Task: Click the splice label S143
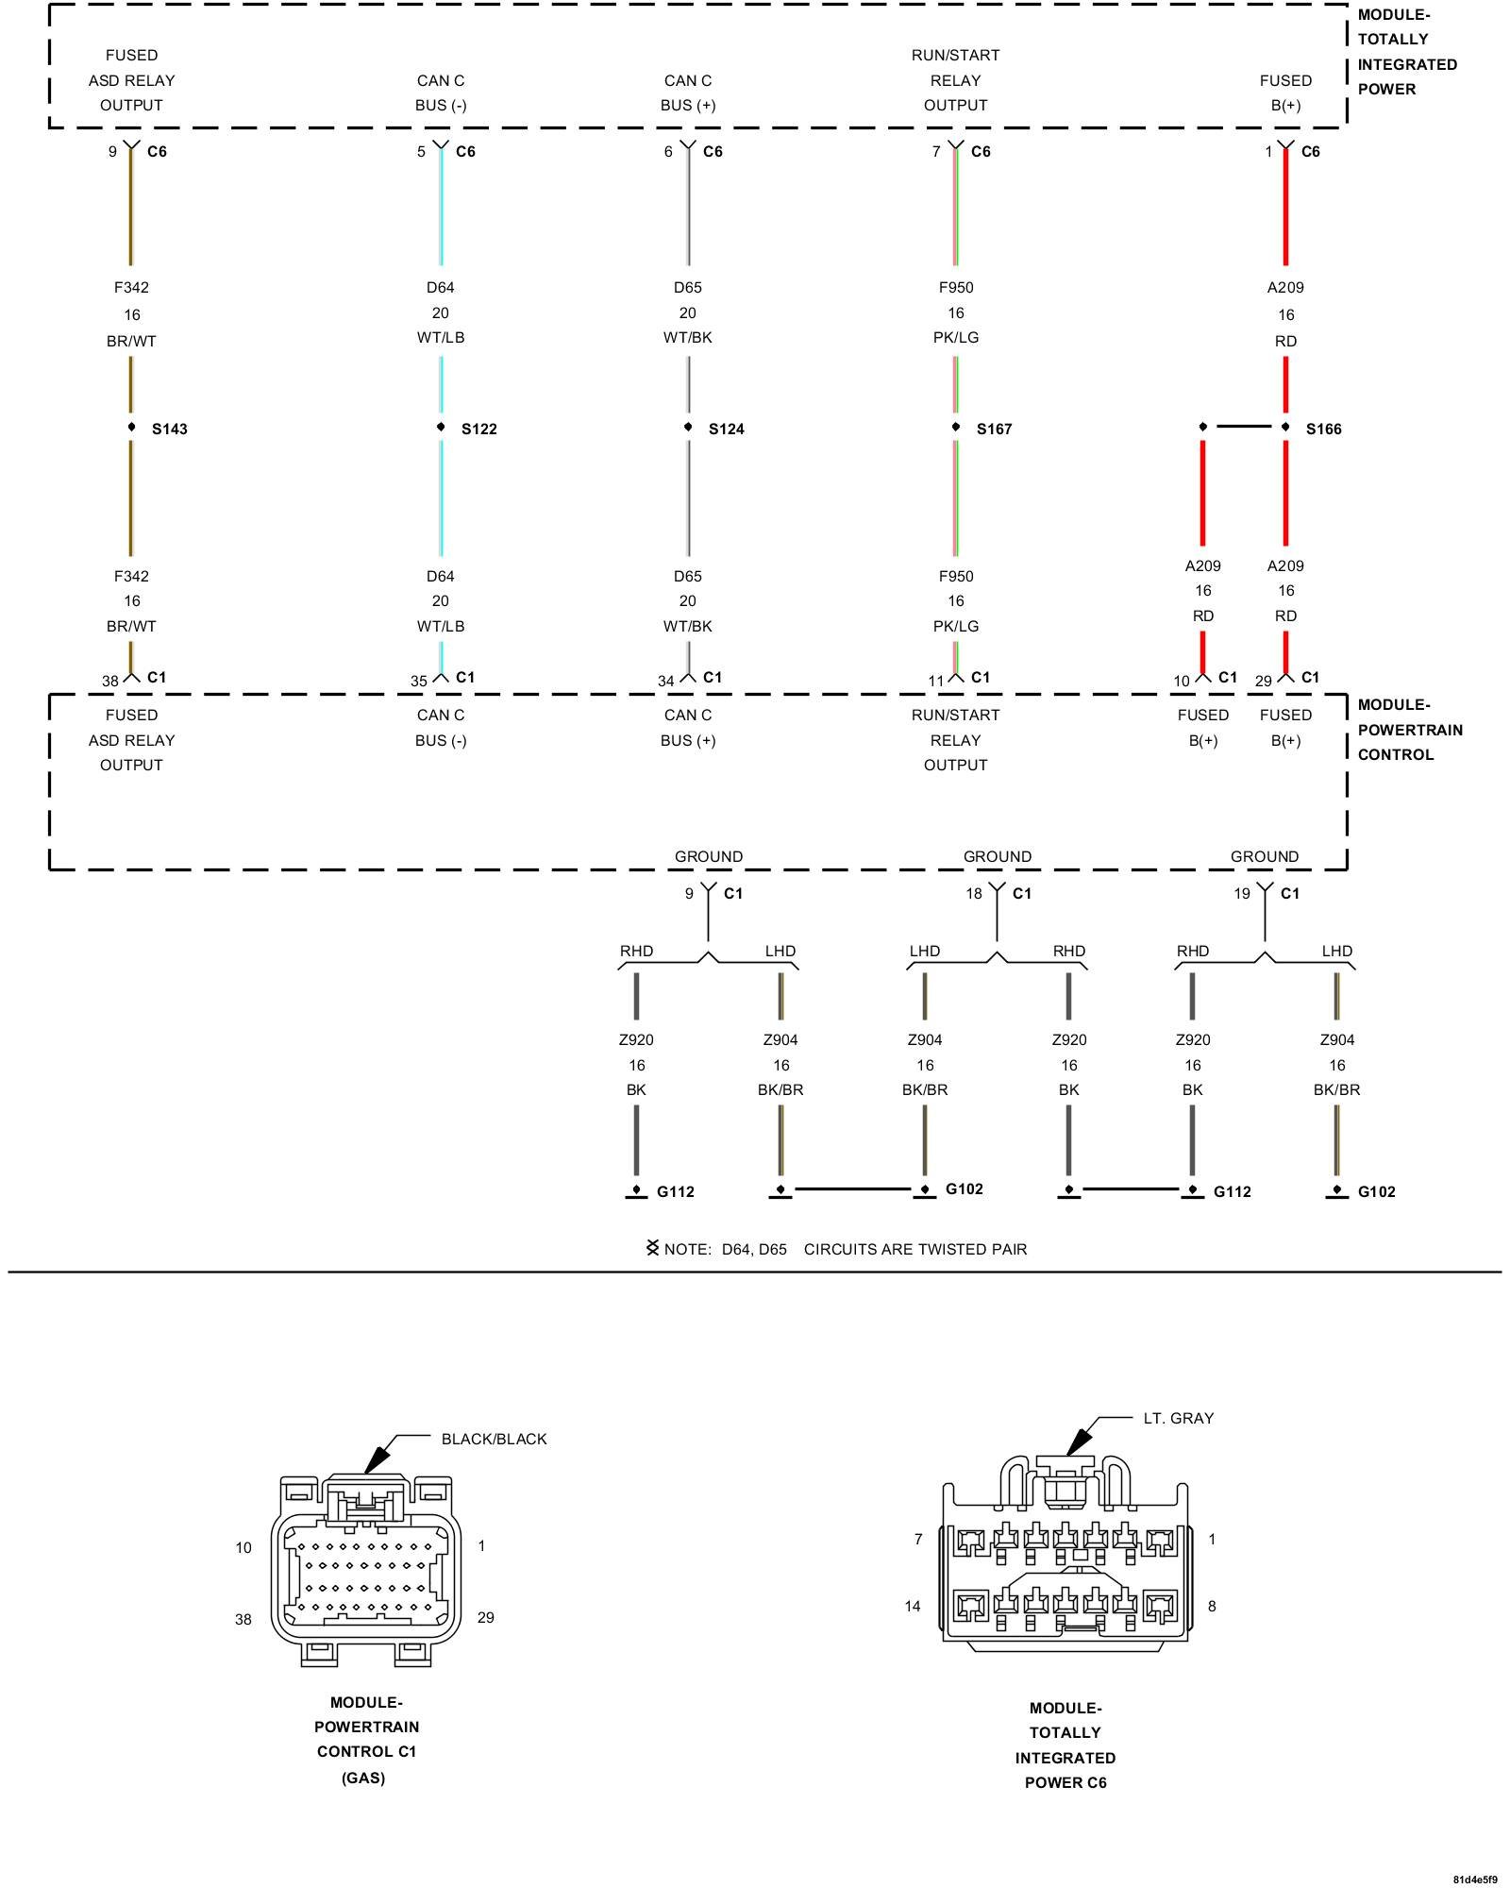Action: [170, 430]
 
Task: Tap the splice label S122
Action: [478, 430]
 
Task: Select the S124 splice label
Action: [726, 430]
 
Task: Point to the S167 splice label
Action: [994, 430]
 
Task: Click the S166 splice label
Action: [1323, 430]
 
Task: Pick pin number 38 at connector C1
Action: [110, 681]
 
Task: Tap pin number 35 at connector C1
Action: [419, 681]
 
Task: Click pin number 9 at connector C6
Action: [112, 152]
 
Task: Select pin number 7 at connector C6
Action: [936, 152]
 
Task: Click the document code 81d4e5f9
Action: [1474, 1879]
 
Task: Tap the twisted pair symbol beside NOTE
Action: [652, 1248]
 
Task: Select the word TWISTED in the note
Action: [947, 1249]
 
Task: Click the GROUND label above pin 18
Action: [997, 856]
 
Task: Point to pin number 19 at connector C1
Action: [1242, 894]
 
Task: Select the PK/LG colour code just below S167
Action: [955, 626]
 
